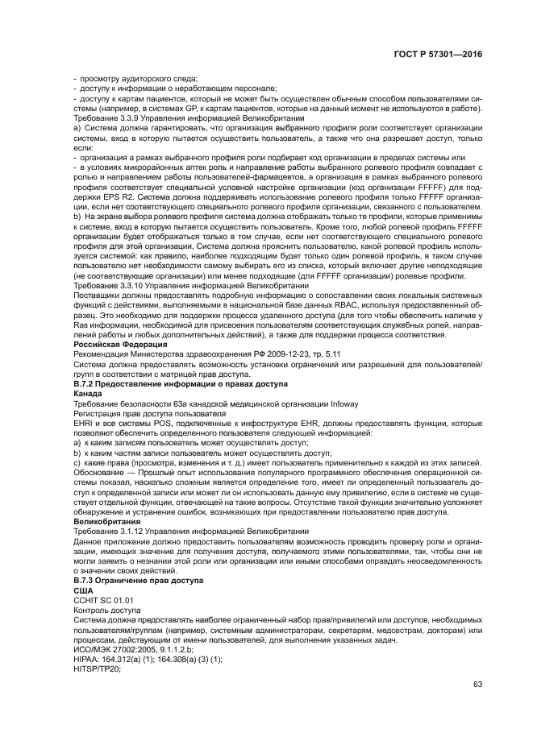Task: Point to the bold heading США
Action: click(83, 590)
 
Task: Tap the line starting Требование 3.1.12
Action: click(191, 532)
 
